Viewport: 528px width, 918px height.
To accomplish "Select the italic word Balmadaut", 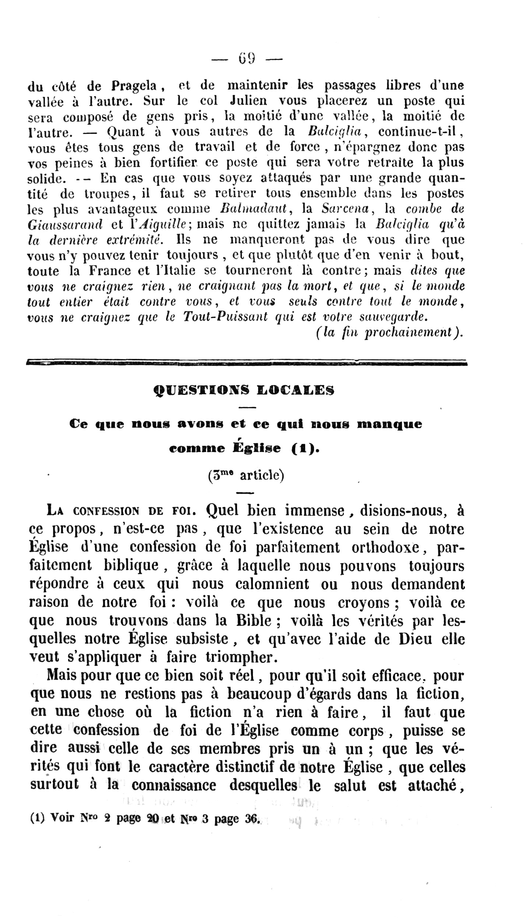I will pyautogui.click(x=253, y=209).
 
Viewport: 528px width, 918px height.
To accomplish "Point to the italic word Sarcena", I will pyautogui.click(x=345, y=209).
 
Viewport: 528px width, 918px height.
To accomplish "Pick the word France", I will pyautogui.click(x=110, y=271).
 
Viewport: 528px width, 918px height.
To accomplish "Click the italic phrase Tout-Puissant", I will pyautogui.click(x=225, y=317).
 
